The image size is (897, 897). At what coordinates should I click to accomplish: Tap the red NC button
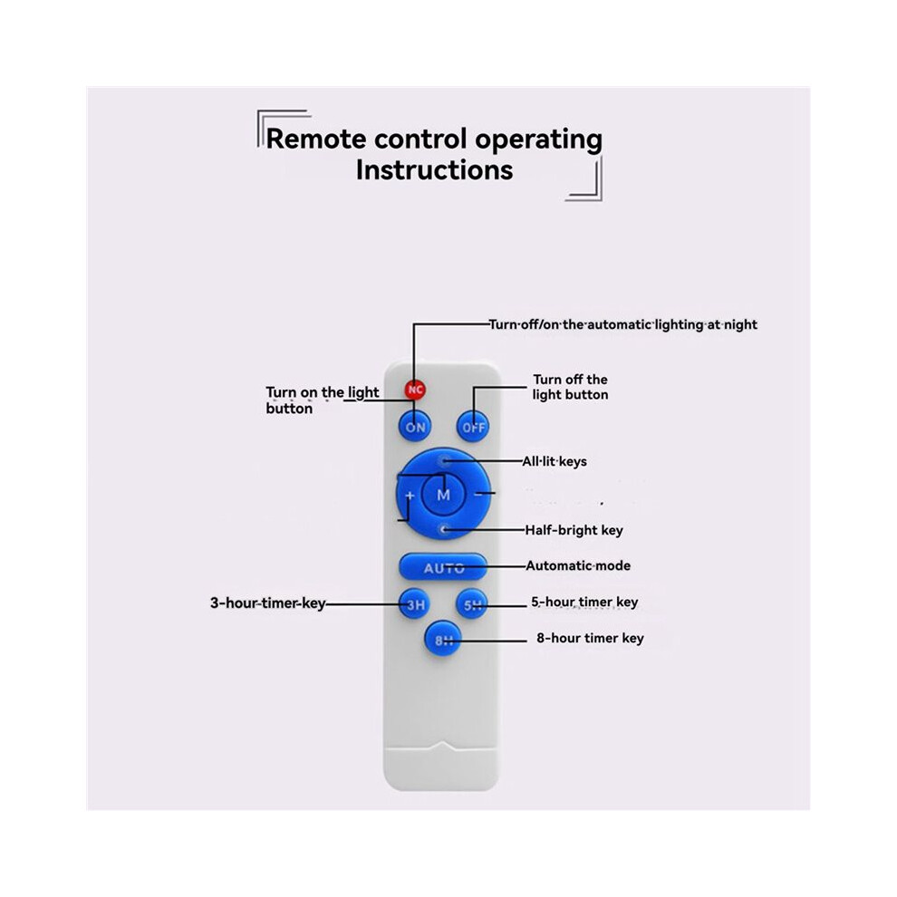(415, 390)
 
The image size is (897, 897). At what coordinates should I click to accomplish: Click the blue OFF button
(473, 427)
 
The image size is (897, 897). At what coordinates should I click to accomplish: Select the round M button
(443, 495)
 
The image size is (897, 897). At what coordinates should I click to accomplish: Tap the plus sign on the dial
(410, 496)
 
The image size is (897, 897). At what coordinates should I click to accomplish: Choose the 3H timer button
(415, 604)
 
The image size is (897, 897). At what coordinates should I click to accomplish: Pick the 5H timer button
(473, 604)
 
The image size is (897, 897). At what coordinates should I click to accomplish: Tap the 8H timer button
(443, 640)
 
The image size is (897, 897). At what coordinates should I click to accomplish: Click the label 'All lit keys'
(555, 462)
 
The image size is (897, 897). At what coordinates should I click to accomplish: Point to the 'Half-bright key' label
(574, 530)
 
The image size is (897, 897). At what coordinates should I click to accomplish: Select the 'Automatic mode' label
(578, 565)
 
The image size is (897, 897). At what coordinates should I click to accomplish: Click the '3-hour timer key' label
(267, 603)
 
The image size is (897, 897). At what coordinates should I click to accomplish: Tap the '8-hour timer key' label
(590, 638)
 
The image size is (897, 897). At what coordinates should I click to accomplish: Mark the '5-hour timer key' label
(584, 602)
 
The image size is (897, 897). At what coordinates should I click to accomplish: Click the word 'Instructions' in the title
(434, 170)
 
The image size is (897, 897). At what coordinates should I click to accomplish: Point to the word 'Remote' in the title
(316, 139)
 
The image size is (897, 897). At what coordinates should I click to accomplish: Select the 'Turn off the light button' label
(570, 387)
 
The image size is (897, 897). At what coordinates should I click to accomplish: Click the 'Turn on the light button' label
(322, 400)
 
